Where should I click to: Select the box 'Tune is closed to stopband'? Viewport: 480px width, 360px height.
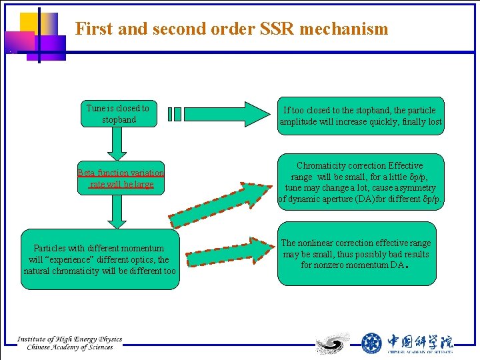118,114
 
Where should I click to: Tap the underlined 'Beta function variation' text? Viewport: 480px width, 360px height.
121,173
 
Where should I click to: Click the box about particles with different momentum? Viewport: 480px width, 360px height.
100,259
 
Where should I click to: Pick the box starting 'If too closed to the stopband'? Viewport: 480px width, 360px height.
361,116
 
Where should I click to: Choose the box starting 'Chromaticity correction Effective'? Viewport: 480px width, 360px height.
361,182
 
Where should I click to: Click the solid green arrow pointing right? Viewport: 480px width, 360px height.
223,114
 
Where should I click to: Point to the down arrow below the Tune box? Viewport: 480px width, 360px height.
117,143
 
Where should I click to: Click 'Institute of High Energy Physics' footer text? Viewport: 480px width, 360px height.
70,339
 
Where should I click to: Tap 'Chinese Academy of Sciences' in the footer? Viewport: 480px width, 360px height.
70,347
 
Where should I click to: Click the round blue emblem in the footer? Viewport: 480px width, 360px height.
371,343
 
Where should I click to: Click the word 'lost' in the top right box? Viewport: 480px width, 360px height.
435,122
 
